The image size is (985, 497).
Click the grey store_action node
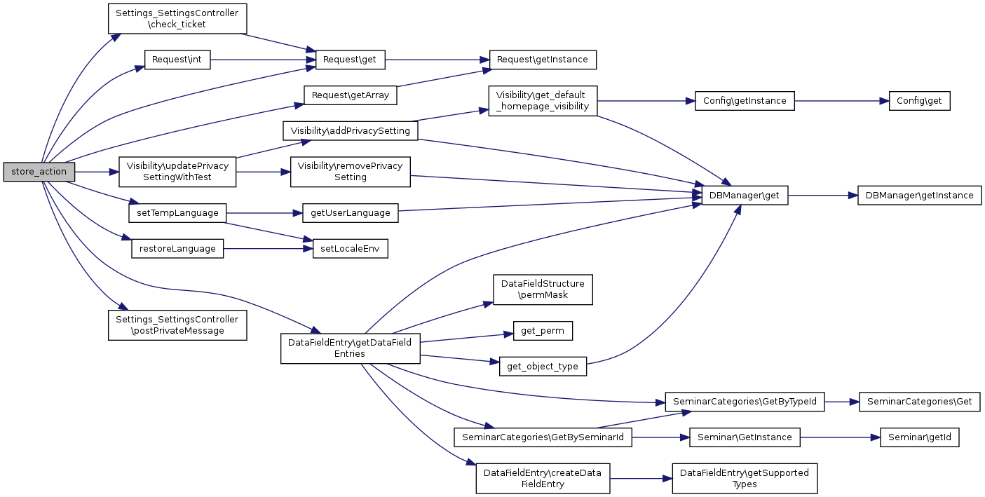tap(39, 172)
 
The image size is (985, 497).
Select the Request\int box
tap(177, 60)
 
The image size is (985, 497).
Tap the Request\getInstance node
tap(542, 60)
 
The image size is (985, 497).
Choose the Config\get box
tap(919, 101)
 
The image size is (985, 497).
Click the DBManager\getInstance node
tap(919, 196)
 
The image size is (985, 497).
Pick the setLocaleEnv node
tap(350, 249)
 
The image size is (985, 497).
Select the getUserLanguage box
tap(350, 212)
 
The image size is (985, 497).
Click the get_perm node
tap(543, 331)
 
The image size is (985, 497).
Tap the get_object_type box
tap(543, 367)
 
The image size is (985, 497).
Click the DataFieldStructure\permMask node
tap(543, 290)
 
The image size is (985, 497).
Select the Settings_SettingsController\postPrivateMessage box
tap(177, 325)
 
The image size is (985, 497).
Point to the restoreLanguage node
tap(177, 249)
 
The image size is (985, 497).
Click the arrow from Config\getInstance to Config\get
tap(842, 101)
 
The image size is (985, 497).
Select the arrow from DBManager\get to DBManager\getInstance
tap(822, 196)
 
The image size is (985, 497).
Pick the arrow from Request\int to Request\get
tap(263, 60)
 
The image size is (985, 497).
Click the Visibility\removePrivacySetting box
tap(350, 172)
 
